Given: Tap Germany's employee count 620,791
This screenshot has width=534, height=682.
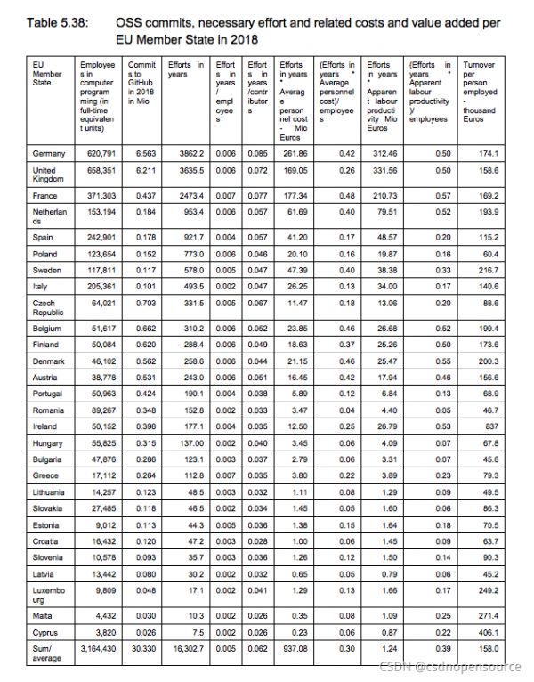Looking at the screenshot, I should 100,154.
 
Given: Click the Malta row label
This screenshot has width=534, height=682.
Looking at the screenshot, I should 41,615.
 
